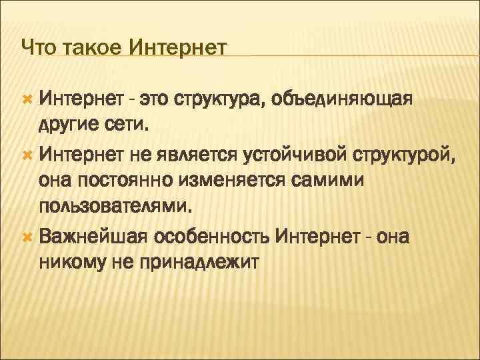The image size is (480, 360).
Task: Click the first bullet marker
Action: tap(27, 99)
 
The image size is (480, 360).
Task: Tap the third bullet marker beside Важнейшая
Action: tap(27, 237)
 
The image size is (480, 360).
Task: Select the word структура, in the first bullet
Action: tap(217, 99)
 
